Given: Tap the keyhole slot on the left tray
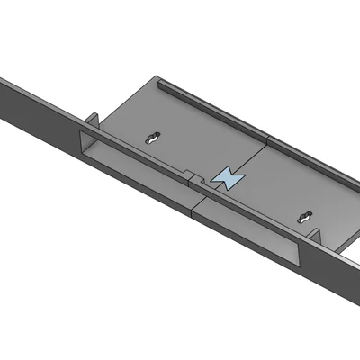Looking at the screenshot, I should click(153, 139).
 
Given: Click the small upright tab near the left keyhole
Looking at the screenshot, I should click(93, 121).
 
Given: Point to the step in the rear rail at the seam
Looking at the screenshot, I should click(269, 139).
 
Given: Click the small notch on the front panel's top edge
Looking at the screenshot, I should click(192, 176).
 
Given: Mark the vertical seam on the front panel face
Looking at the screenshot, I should click(197, 202).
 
